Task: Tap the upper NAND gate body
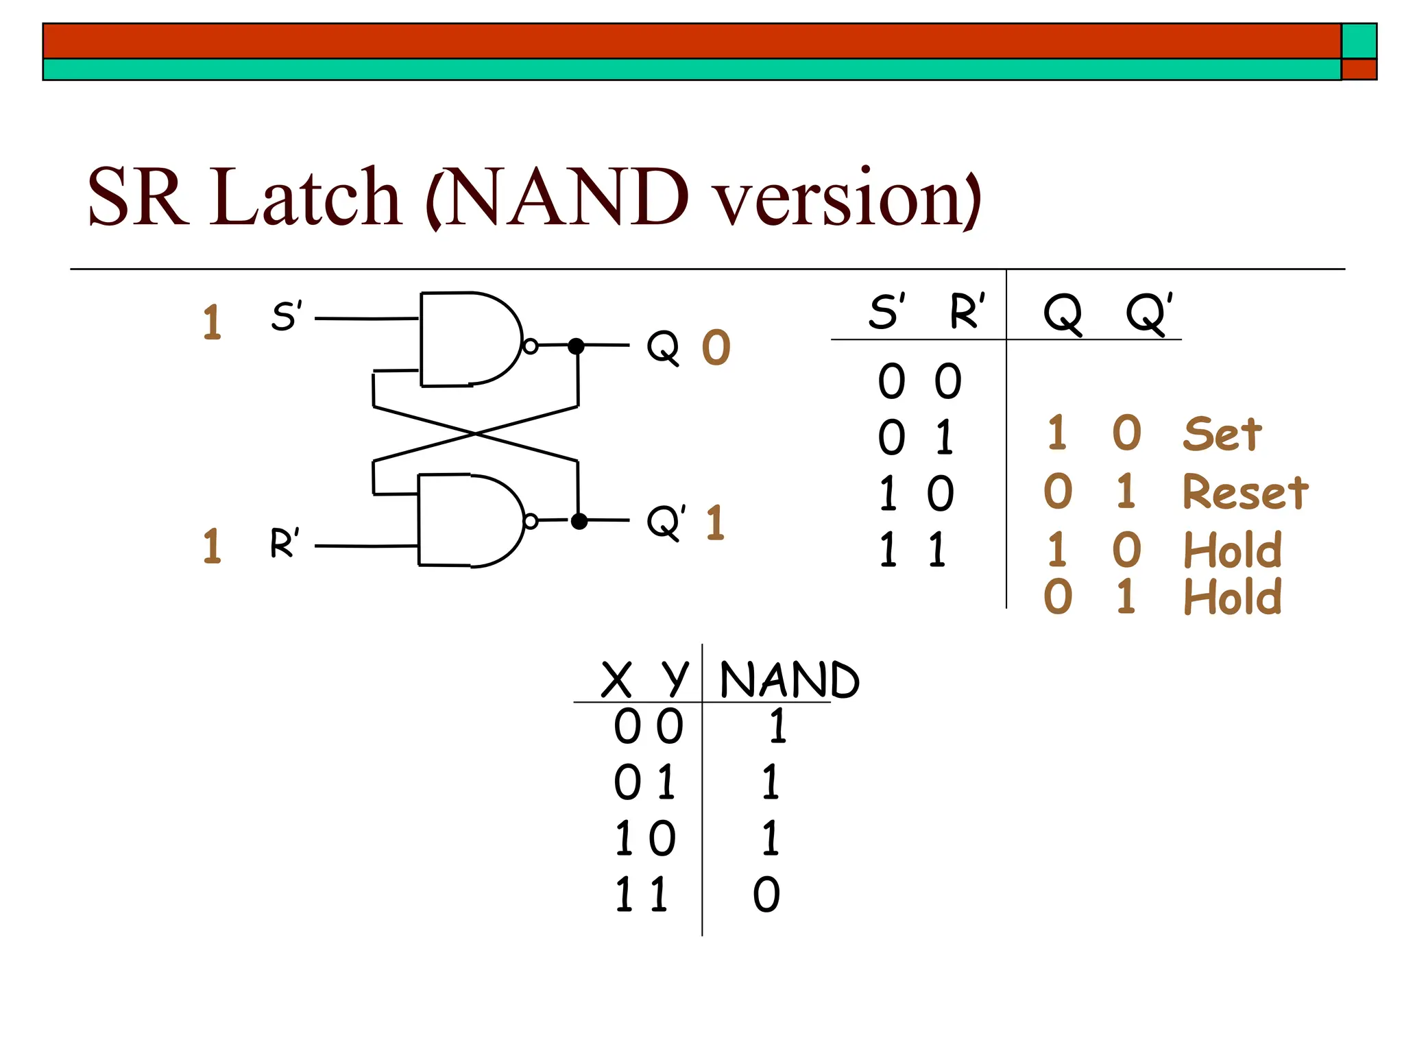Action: (x=466, y=340)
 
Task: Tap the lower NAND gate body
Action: (x=466, y=521)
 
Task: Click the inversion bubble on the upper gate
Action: (x=530, y=346)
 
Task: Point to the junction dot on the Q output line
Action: (x=577, y=346)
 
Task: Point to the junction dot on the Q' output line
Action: (x=579, y=522)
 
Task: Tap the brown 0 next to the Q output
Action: (x=716, y=348)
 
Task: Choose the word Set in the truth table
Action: (x=1222, y=435)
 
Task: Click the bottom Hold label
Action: (x=1233, y=597)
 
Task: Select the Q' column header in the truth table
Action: (x=1149, y=313)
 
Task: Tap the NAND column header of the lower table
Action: (x=789, y=680)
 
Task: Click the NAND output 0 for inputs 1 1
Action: (x=766, y=895)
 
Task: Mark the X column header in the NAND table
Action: (x=616, y=680)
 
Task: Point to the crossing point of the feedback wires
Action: (x=475, y=434)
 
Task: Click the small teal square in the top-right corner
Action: (x=1359, y=41)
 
